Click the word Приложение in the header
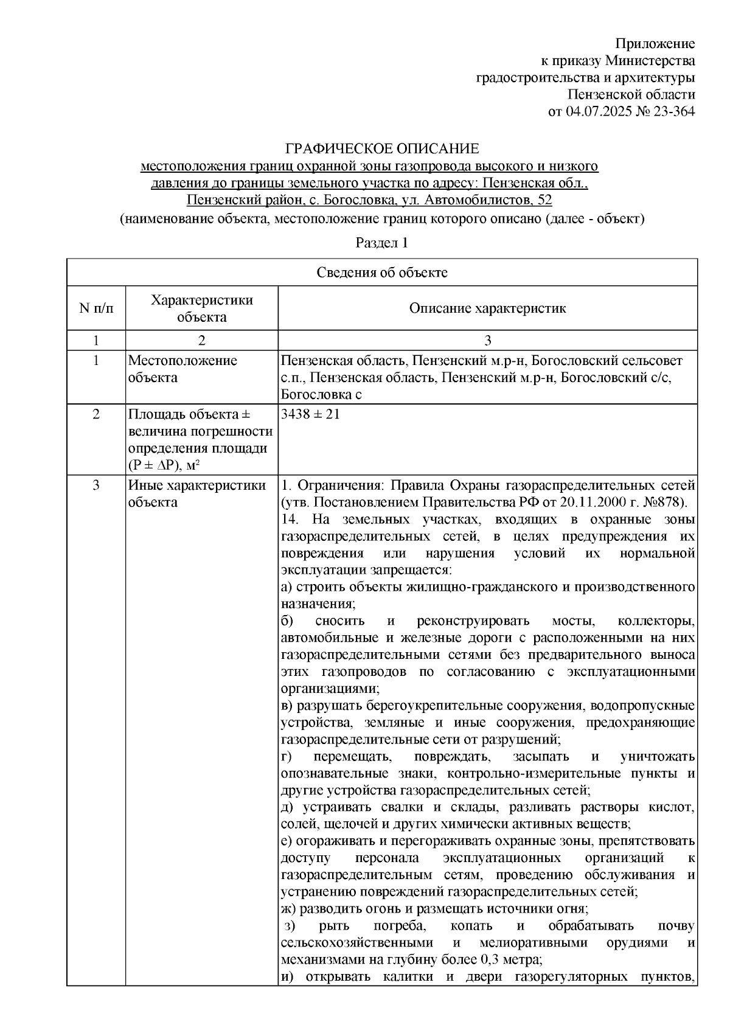(x=655, y=44)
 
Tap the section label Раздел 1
(x=381, y=243)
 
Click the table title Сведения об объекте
(x=381, y=273)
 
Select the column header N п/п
(x=96, y=308)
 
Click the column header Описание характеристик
(x=487, y=308)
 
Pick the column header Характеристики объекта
(x=201, y=308)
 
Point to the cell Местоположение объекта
(x=182, y=369)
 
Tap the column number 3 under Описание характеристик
(x=487, y=340)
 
